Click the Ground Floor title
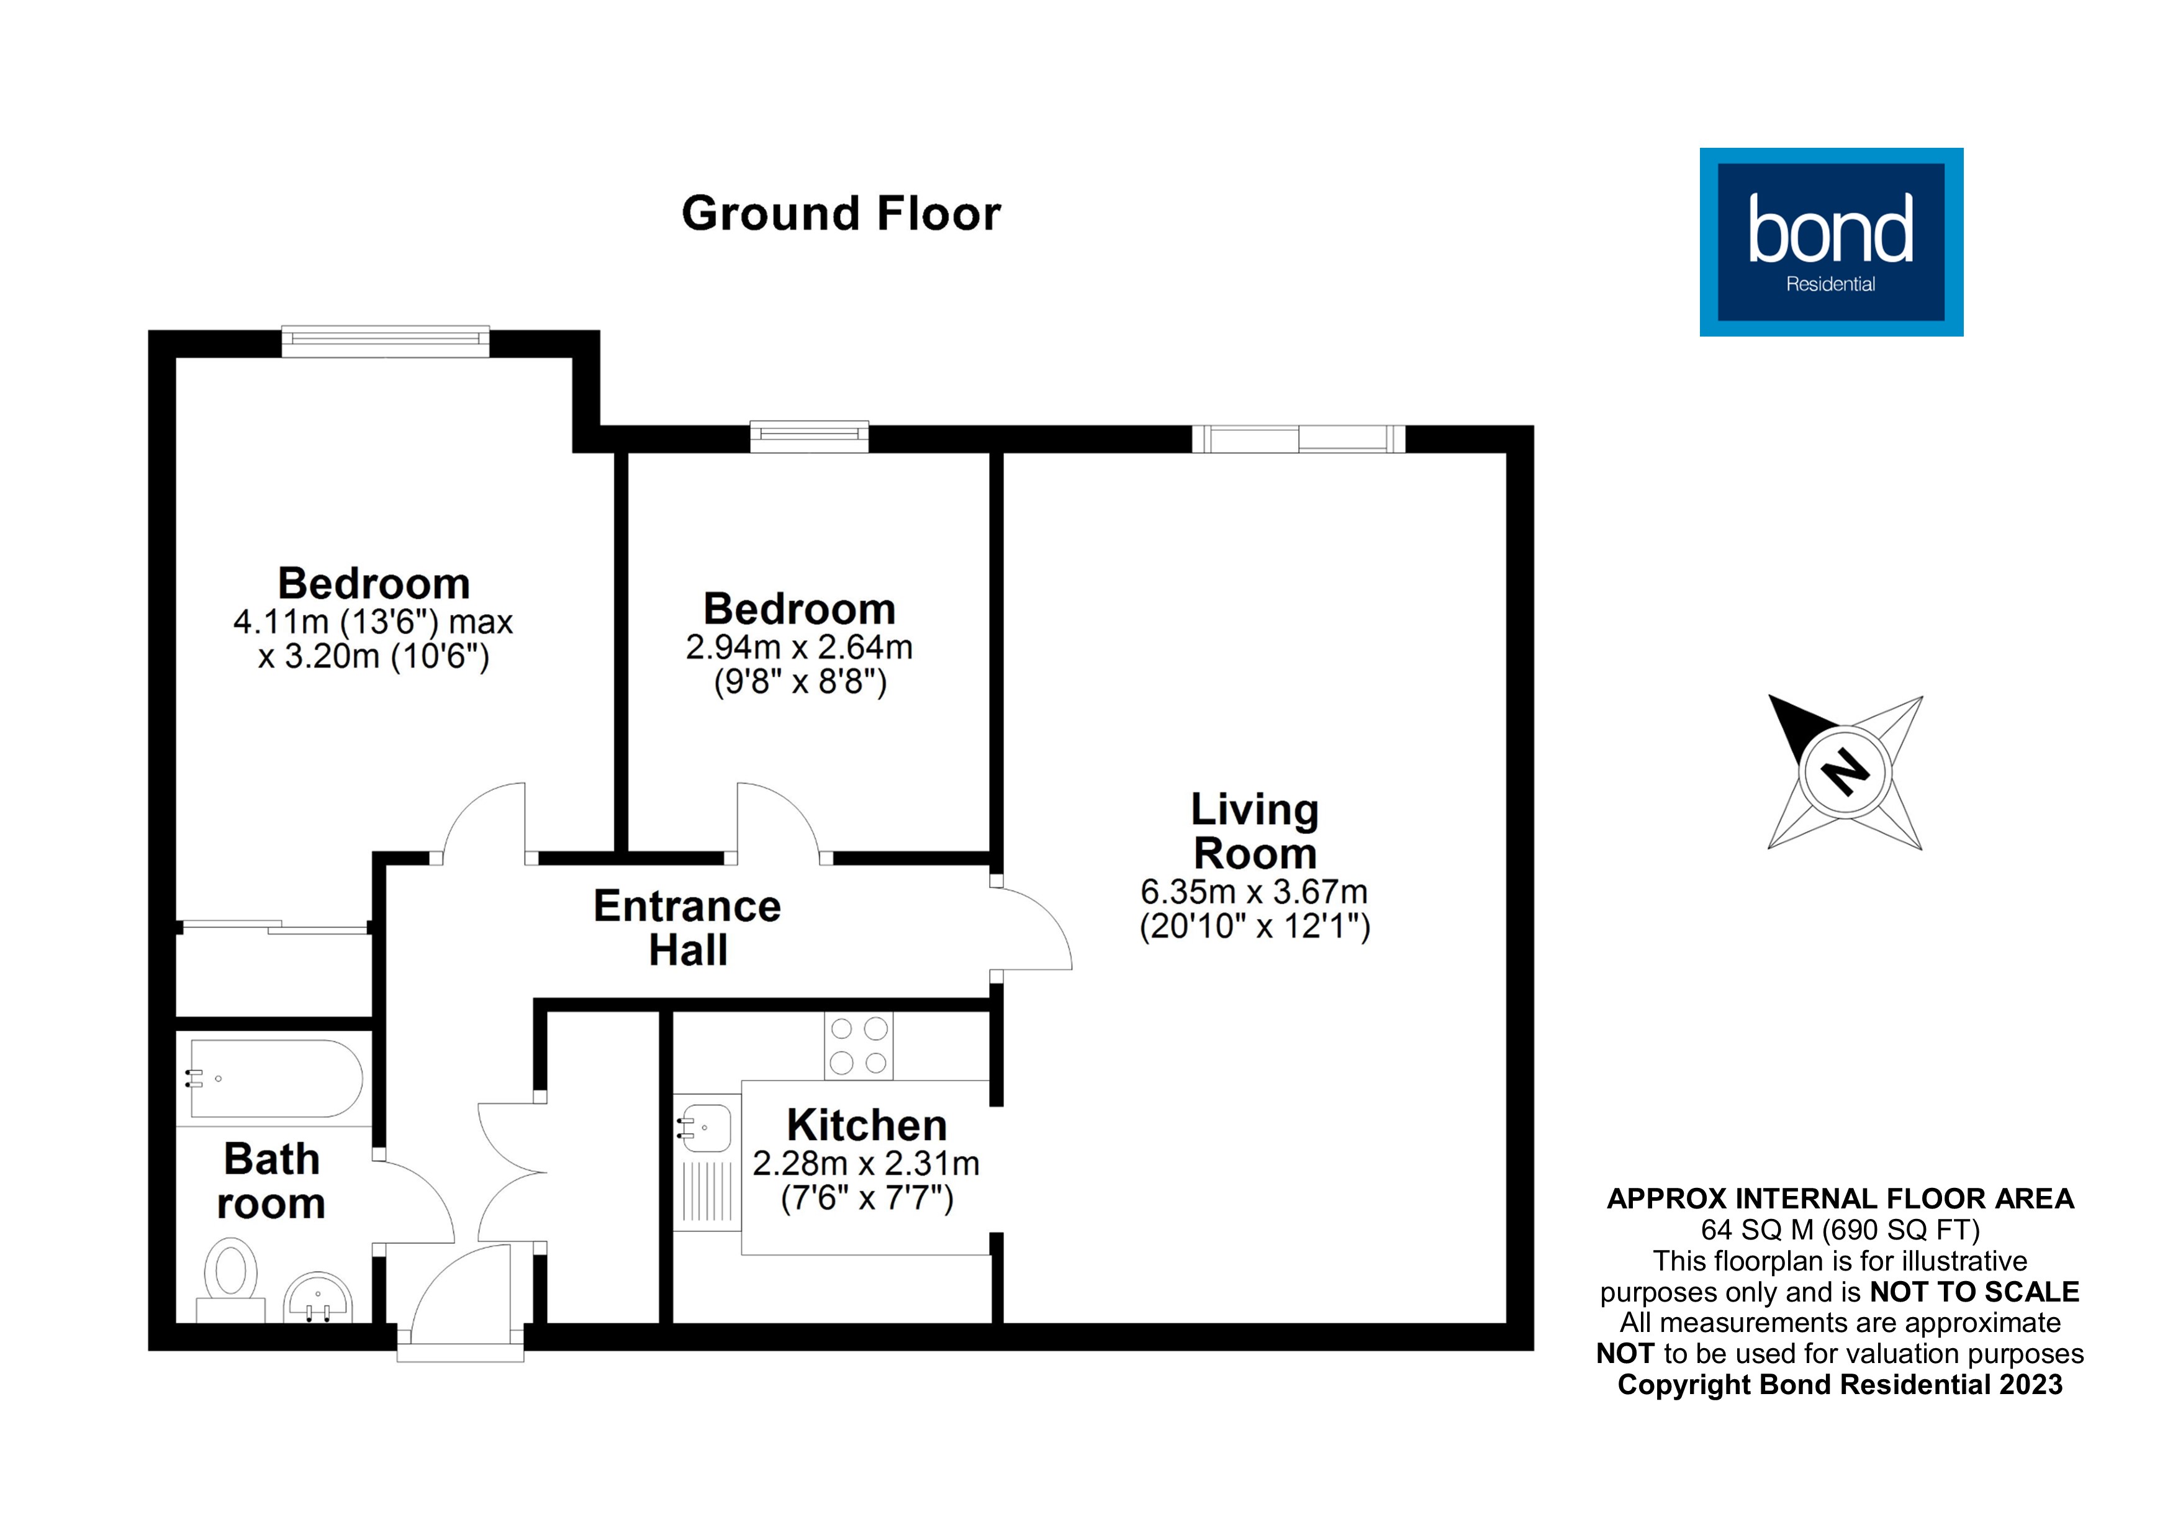[x=841, y=214]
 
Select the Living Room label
[x=1254, y=831]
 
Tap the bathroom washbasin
[x=319, y=1297]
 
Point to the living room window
[x=1298, y=438]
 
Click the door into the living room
[x=1032, y=928]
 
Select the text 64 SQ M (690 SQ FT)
[x=1840, y=1230]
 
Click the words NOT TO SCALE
[x=1974, y=1292]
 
